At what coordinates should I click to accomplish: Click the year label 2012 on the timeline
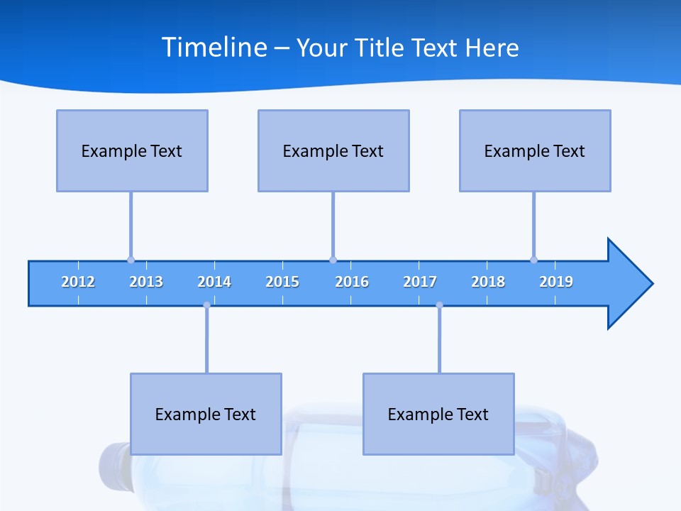pos(78,282)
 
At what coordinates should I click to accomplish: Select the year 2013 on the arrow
pos(146,282)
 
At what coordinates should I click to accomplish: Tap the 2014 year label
pos(214,282)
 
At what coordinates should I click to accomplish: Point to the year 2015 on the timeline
pos(282,282)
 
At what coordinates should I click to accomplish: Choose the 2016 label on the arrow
pos(352,282)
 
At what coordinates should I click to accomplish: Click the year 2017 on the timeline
pos(420,282)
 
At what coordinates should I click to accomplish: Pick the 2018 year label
pos(488,282)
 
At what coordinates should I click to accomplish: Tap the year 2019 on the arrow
pos(556,282)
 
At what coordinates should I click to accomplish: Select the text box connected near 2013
pos(132,150)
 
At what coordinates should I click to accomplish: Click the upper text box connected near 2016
pos(333,150)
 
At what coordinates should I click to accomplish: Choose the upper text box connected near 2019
pos(535,150)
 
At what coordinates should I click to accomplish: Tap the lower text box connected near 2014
pos(206,414)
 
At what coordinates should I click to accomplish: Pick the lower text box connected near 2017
pos(438,414)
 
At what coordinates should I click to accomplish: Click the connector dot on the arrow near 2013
pos(131,260)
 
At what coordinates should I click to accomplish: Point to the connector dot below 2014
pos(206,305)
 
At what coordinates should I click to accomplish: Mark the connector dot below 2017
pos(439,305)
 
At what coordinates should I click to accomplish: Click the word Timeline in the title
pos(214,48)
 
